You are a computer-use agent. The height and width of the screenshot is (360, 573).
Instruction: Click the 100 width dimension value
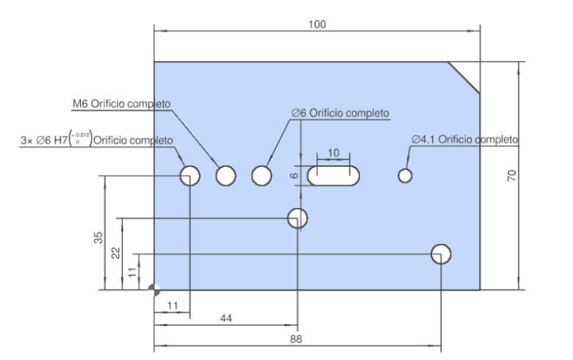(317, 24)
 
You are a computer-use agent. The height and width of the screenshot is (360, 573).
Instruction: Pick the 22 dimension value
(115, 253)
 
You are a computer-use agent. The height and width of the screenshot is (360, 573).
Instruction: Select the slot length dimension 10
(334, 152)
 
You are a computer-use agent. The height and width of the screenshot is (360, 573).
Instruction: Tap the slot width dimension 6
(294, 176)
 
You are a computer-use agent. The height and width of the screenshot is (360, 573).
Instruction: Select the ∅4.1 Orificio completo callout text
(465, 139)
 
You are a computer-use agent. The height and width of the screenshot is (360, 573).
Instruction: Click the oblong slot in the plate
(334, 176)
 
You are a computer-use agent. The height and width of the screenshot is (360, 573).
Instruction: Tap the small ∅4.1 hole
(405, 176)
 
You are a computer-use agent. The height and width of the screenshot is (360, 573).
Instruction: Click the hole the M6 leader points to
(226, 176)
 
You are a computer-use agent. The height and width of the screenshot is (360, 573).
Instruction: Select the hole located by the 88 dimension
(441, 253)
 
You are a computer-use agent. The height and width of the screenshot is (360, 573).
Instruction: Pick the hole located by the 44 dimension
(297, 217)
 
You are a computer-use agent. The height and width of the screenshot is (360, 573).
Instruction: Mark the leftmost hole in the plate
(190, 176)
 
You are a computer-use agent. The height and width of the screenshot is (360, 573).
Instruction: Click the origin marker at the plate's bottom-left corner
(154, 289)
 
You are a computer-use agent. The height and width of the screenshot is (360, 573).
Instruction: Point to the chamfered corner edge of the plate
(464, 77)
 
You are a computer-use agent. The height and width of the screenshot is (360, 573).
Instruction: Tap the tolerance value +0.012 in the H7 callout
(83, 135)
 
